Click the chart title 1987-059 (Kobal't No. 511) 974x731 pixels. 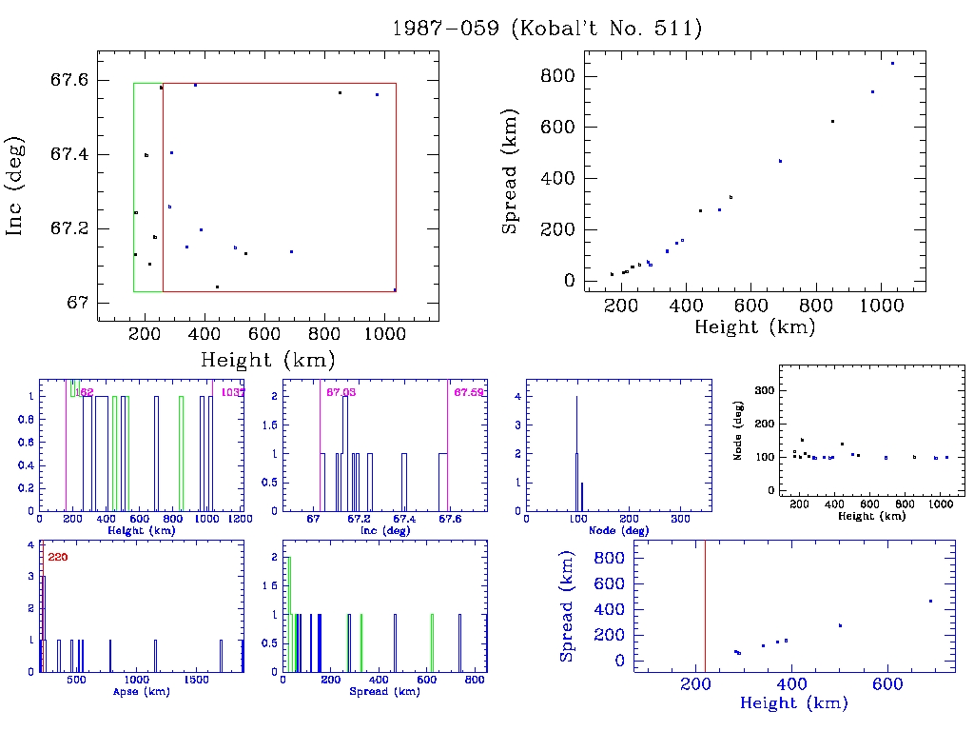(547, 29)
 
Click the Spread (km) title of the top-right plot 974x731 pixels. (511, 179)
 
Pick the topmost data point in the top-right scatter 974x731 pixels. (892, 64)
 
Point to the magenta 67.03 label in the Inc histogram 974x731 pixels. (341, 392)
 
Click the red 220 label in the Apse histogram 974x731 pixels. (57, 557)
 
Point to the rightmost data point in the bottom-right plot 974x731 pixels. (930, 602)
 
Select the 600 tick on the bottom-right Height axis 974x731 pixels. (887, 683)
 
